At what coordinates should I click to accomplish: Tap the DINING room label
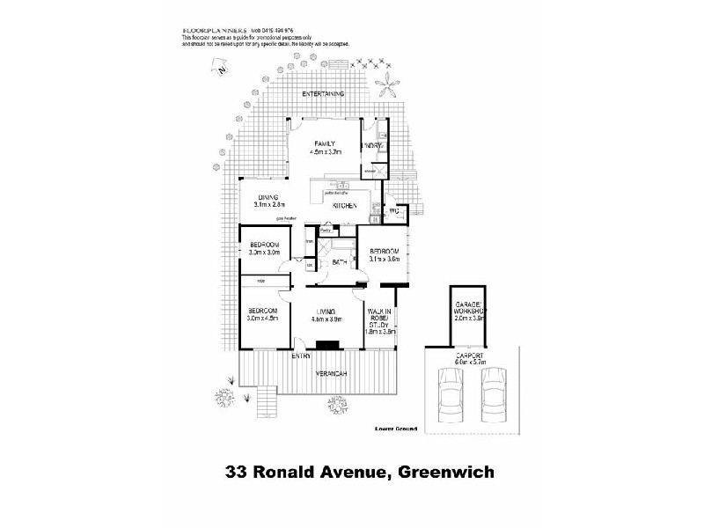pos(268,197)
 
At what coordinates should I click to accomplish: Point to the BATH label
pos(340,262)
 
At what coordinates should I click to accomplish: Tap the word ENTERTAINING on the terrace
pos(322,94)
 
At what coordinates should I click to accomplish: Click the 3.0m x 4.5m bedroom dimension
pos(263,319)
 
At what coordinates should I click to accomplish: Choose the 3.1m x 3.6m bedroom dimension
pos(385,260)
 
